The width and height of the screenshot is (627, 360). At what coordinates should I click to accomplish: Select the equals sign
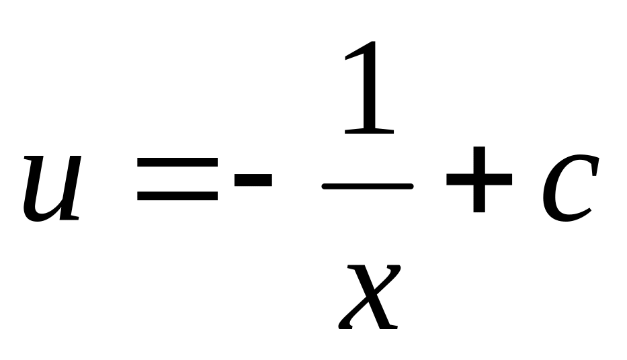(x=177, y=179)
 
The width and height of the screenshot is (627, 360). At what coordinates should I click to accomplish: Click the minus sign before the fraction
(x=253, y=179)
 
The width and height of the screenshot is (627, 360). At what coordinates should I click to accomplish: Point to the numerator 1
(x=368, y=91)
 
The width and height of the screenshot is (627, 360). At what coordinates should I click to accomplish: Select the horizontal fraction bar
(x=368, y=187)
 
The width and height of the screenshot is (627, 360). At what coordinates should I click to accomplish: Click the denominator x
(x=369, y=296)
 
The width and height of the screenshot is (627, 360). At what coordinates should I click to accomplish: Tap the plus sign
(x=478, y=179)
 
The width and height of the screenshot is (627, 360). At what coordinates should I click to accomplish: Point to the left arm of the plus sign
(x=457, y=179)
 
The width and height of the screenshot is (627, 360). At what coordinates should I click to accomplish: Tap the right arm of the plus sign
(x=501, y=179)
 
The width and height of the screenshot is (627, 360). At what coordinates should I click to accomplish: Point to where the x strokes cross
(x=369, y=296)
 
